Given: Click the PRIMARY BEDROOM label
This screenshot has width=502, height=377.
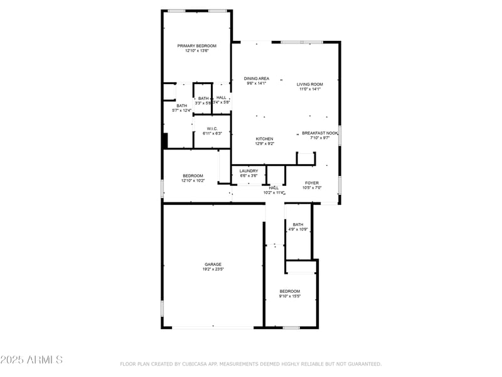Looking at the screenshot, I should (x=196, y=46).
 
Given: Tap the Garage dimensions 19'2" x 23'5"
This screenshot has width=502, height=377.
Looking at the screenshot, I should (x=213, y=270).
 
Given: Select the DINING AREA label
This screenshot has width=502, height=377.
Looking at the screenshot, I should (x=257, y=79).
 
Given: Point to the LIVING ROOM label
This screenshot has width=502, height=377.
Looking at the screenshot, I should (x=310, y=84).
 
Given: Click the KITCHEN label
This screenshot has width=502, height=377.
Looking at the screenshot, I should (x=264, y=139).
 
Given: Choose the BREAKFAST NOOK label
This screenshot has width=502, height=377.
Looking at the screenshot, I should (x=320, y=133).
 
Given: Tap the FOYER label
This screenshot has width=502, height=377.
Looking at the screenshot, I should (x=312, y=183).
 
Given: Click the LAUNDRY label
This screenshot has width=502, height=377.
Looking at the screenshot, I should (x=248, y=171).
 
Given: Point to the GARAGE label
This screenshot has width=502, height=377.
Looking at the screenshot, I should (x=213, y=265).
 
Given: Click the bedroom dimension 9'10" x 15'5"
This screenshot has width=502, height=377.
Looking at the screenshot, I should (x=290, y=297).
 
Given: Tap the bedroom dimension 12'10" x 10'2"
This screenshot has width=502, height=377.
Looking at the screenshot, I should (x=193, y=181).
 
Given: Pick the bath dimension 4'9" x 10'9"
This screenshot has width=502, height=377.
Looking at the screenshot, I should (x=298, y=229).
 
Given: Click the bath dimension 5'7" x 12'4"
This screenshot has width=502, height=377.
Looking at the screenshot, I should (x=181, y=111).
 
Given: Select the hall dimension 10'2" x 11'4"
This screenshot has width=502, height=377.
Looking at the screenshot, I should (x=274, y=193).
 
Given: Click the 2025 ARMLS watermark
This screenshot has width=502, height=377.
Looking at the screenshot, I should (x=31, y=360).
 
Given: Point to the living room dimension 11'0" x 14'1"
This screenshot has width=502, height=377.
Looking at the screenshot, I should (x=310, y=89).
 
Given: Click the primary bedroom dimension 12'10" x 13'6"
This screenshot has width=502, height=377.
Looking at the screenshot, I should (x=196, y=51).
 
